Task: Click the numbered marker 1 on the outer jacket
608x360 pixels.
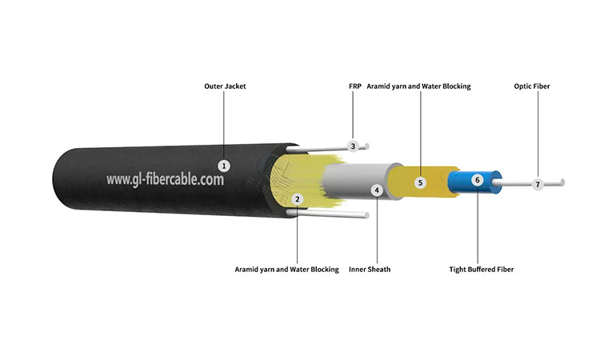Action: (224, 166)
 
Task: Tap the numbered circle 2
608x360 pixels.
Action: (298, 199)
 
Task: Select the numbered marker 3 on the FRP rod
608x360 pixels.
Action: (353, 146)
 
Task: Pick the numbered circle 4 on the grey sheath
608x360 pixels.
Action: (377, 190)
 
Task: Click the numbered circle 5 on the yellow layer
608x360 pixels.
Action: (420, 182)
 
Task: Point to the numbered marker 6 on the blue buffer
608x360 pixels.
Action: (478, 180)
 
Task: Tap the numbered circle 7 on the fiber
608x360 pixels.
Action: (538, 185)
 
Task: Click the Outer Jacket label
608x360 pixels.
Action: (225, 86)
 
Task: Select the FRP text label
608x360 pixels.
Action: (354, 86)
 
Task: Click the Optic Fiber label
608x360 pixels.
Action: (532, 86)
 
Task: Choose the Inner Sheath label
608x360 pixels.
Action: (370, 270)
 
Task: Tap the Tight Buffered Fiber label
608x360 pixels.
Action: (482, 270)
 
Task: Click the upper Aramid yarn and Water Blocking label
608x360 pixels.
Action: (418, 86)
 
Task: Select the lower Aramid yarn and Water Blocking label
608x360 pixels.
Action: (286, 270)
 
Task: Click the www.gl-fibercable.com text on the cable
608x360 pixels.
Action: (165, 179)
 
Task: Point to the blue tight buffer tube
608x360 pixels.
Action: (474, 182)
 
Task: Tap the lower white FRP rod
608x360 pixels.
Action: (328, 214)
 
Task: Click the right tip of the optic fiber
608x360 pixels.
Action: (562, 182)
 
